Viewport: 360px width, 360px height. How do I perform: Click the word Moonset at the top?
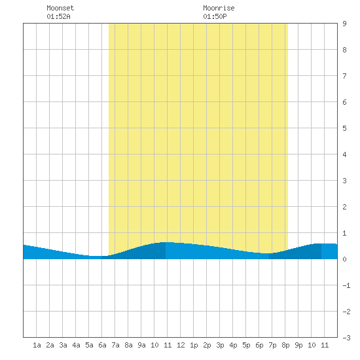(60, 8)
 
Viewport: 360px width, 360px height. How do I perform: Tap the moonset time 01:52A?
(58, 16)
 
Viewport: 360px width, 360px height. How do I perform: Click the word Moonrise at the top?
(219, 8)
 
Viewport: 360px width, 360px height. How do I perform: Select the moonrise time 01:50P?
(215, 16)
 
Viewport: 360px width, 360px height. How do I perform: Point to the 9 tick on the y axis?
(344, 24)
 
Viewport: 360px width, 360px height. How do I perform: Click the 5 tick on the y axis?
(344, 128)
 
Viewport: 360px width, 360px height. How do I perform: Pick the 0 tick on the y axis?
(344, 259)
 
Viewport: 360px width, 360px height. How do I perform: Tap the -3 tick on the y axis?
(346, 338)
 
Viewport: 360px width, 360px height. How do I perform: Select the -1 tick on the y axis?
(346, 285)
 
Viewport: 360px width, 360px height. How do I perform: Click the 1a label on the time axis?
(37, 345)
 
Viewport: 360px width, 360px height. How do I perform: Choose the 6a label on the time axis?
(102, 345)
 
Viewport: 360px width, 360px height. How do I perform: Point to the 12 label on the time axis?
(181, 345)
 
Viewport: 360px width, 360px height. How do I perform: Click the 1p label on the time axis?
(194, 345)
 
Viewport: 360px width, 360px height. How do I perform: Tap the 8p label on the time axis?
(285, 345)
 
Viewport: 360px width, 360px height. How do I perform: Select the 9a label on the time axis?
(141, 345)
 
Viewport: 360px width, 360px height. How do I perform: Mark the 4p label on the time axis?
(233, 345)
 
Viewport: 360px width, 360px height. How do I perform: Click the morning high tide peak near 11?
(166, 242)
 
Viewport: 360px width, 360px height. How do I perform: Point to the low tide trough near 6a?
(96, 256)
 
